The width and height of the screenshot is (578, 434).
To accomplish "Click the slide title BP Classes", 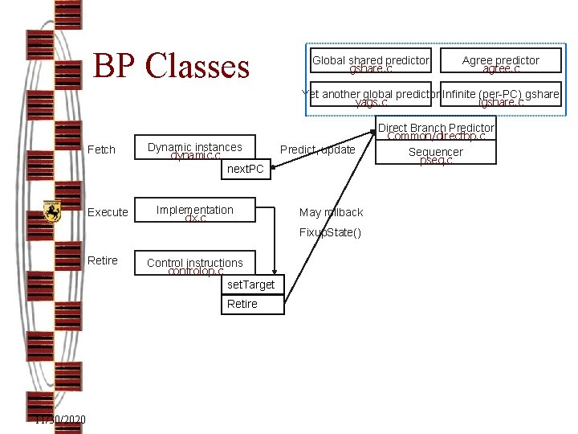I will pyautogui.click(x=172, y=66).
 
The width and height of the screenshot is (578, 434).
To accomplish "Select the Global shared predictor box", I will pyautogui.click(x=370, y=64).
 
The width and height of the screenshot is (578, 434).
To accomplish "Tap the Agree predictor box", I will pyautogui.click(x=500, y=64).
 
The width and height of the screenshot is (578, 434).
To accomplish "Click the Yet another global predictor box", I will pyautogui.click(x=372, y=97).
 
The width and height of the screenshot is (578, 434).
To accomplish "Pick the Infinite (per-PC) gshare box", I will pyautogui.click(x=501, y=97).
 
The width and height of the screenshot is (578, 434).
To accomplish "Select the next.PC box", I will pyautogui.click(x=245, y=169).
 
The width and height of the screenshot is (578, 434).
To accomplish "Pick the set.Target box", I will pyautogui.click(x=250, y=285).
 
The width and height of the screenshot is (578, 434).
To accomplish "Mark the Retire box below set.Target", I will pyautogui.click(x=250, y=304).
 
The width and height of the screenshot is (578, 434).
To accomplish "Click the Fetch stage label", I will pyautogui.click(x=101, y=149).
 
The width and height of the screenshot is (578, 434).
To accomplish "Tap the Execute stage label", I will pyautogui.click(x=108, y=212).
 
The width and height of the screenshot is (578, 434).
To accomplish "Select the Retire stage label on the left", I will pyautogui.click(x=103, y=260).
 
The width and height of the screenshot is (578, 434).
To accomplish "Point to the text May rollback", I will pyautogui.click(x=331, y=212).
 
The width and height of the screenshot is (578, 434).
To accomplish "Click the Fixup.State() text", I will pyautogui.click(x=330, y=232).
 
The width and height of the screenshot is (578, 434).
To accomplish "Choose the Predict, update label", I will pyautogui.click(x=317, y=149).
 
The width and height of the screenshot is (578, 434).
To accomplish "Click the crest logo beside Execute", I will pyautogui.click(x=52, y=211).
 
